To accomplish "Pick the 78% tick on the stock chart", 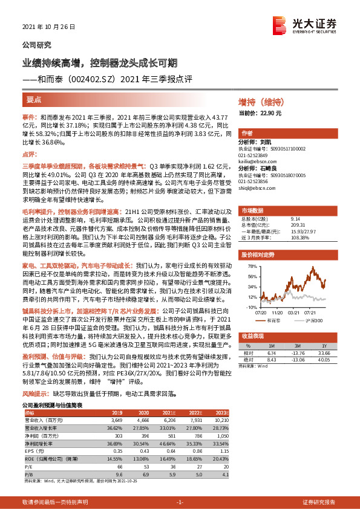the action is tap(252, 266).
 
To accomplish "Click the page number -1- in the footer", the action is tap(180, 502).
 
